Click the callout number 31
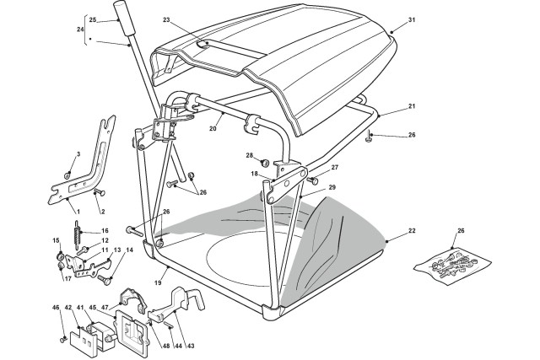point(412,19)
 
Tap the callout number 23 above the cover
point(166,19)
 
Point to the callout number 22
point(412,231)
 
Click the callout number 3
point(78,153)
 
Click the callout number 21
point(412,106)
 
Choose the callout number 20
point(213,129)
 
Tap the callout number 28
point(249,155)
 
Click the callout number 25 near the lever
point(93,19)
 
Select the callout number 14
point(129,251)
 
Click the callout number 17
point(67,278)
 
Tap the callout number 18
point(254,173)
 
